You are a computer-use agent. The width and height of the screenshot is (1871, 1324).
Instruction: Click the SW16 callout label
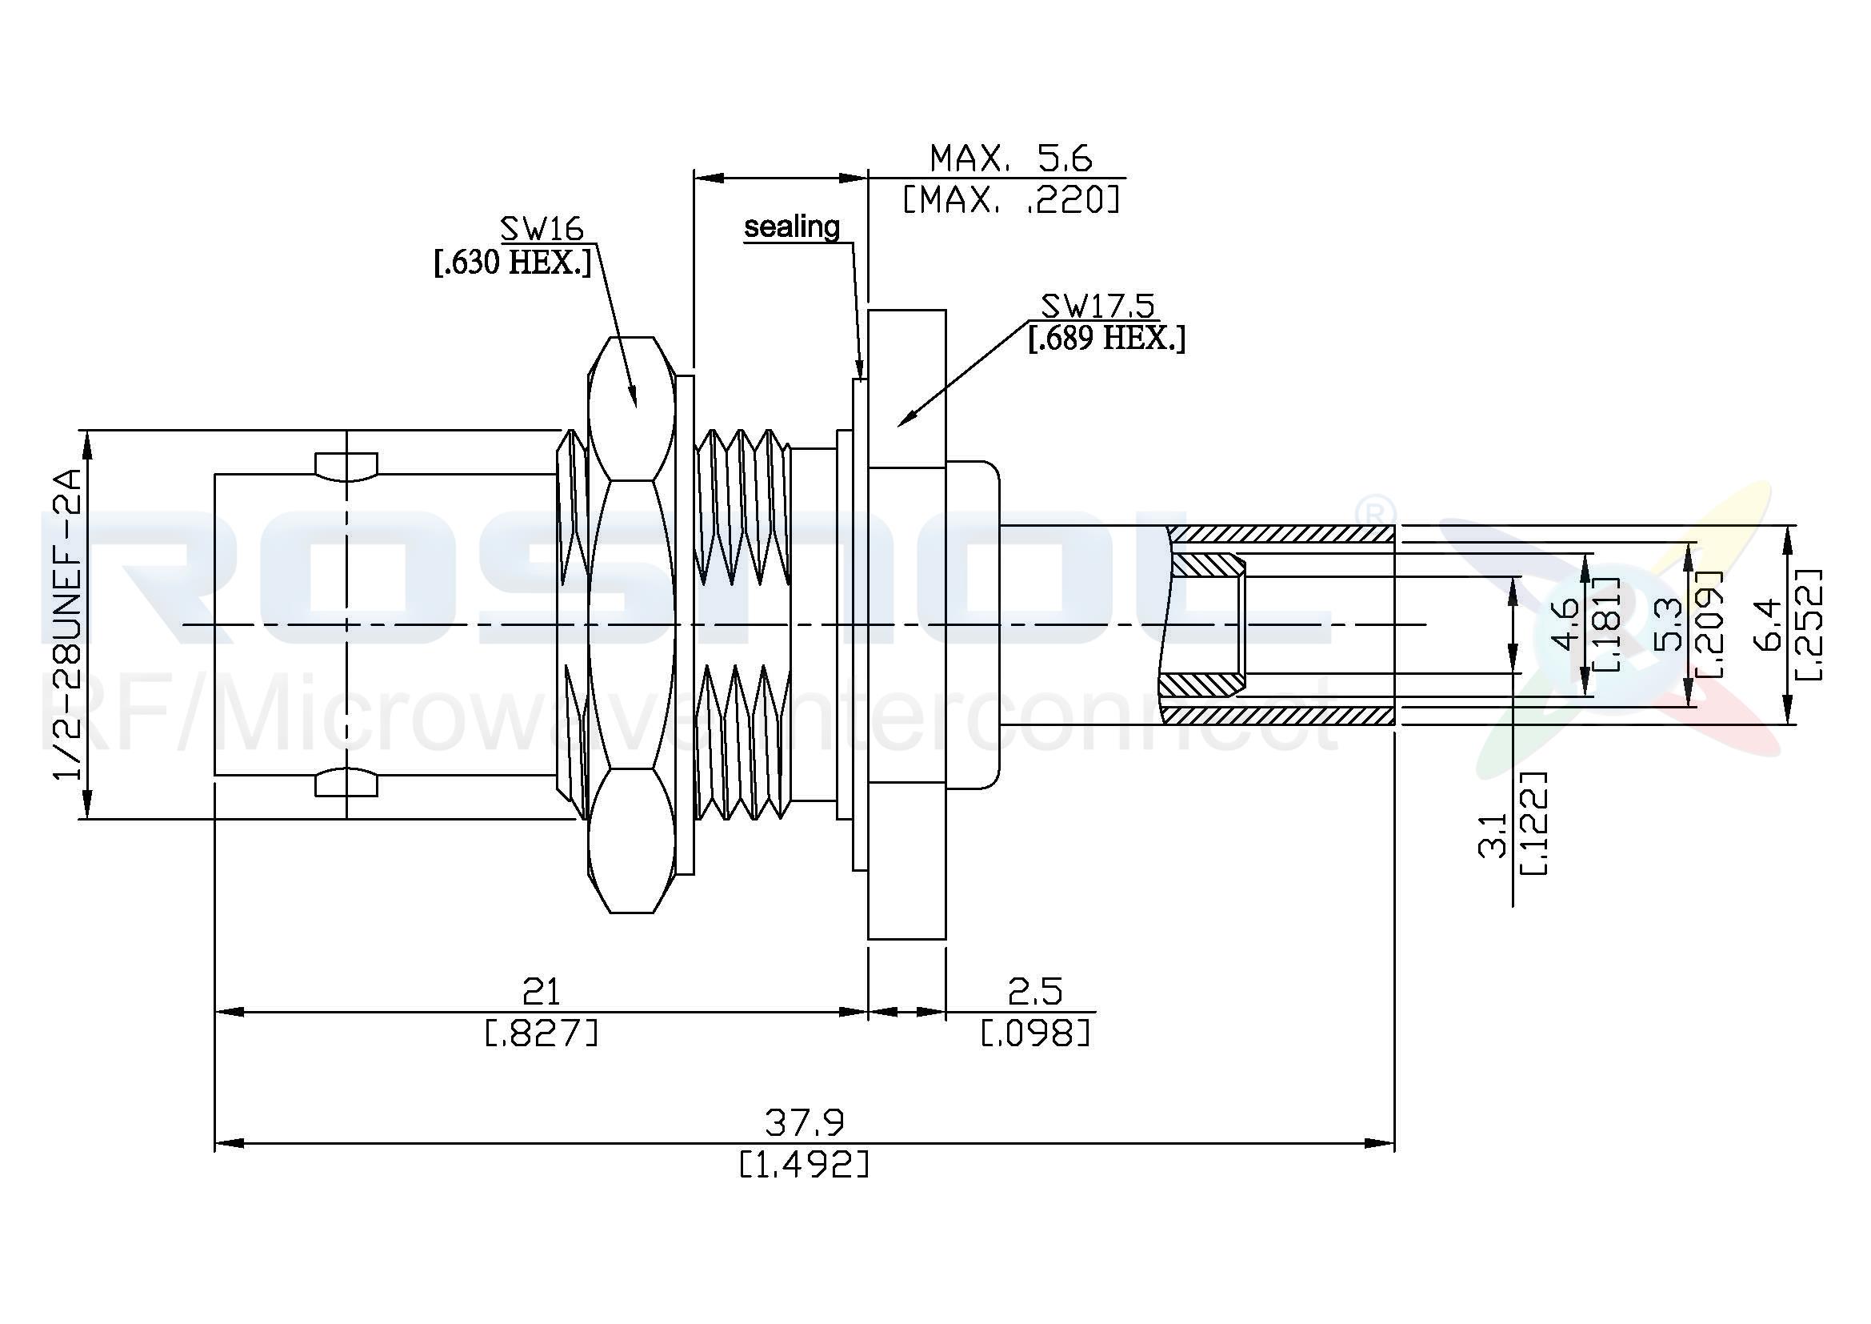point(542,227)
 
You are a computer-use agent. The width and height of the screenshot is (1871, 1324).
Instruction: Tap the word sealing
point(791,227)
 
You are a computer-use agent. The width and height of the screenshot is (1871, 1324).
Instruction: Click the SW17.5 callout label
point(1097,306)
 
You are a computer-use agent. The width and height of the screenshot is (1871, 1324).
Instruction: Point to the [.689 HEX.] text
point(1105,339)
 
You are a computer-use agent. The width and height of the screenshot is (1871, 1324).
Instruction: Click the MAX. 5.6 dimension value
point(1010,158)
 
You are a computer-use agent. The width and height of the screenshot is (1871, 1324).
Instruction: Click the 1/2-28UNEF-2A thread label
point(70,624)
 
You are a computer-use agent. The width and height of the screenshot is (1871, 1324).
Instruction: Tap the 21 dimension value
point(541,992)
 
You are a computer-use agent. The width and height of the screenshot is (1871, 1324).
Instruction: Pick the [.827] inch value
point(542,1033)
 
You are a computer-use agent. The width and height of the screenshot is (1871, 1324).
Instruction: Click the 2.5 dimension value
point(1035,992)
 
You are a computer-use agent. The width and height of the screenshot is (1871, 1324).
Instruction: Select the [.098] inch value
point(1035,1033)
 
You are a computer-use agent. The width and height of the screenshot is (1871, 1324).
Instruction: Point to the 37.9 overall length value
point(804,1123)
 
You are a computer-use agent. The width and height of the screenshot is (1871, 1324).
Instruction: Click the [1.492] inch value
point(804,1164)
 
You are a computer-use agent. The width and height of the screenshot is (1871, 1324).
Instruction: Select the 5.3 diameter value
point(1669,624)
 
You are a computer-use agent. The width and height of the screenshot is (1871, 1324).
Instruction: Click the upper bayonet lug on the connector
point(346,465)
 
